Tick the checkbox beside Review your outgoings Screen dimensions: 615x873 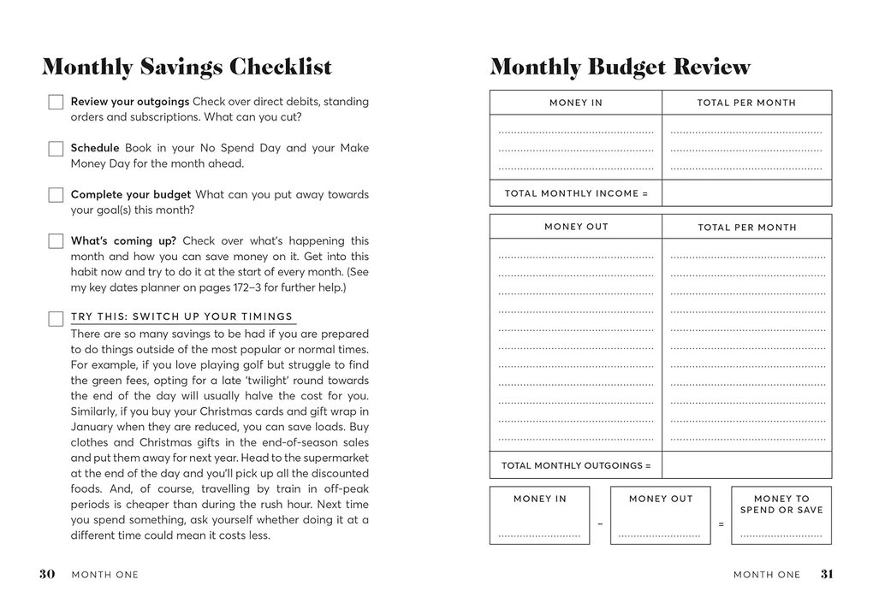click(56, 103)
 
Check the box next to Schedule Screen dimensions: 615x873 click(56, 149)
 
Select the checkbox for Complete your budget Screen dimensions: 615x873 click(56, 195)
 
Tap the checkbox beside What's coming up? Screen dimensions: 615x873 click(56, 241)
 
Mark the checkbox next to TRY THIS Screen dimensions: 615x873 click(56, 318)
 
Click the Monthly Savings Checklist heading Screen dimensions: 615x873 click(187, 67)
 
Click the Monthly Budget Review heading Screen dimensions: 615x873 click(621, 67)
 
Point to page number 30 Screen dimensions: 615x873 click(47, 575)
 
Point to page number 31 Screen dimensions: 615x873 click(826, 575)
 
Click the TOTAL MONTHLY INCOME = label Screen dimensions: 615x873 click(576, 193)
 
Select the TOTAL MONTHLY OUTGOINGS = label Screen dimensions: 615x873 click(576, 465)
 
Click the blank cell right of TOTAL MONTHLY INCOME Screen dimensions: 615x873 click(746, 193)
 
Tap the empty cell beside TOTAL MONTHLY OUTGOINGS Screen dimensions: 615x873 click(746, 465)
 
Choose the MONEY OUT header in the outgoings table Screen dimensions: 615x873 click(576, 227)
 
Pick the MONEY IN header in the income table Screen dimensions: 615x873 click(576, 103)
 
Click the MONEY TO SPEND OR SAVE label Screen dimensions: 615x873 click(781, 504)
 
